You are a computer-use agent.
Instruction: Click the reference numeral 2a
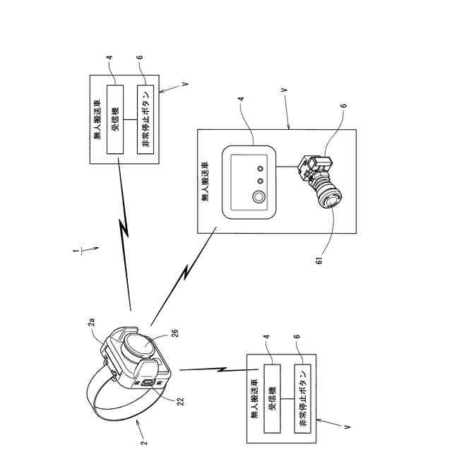(x=91, y=322)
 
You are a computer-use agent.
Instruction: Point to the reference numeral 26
(x=174, y=333)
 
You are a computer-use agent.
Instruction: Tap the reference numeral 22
(x=180, y=401)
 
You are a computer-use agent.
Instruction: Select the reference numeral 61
(x=319, y=261)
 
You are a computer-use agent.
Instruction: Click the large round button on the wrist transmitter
(x=140, y=345)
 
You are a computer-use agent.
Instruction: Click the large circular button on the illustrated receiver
(x=258, y=197)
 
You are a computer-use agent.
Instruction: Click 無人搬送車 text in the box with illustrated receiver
(x=205, y=181)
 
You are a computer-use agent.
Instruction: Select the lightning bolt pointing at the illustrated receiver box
(x=184, y=276)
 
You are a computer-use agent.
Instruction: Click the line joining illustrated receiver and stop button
(x=287, y=167)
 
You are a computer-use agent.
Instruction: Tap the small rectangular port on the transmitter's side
(x=148, y=383)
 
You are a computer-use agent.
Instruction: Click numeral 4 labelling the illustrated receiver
(x=241, y=99)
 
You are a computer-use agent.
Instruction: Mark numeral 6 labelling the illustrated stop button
(x=343, y=106)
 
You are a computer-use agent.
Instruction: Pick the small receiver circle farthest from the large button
(x=261, y=169)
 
